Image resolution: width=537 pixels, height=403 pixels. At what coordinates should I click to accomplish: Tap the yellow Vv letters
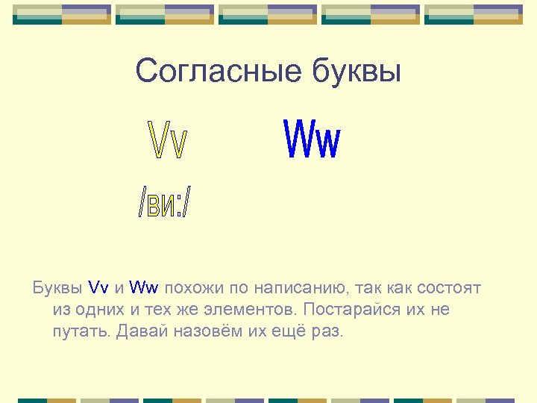point(169,140)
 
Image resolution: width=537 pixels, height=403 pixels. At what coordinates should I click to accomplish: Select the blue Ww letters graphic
point(313,140)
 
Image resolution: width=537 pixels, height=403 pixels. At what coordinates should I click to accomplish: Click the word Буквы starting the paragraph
point(57,287)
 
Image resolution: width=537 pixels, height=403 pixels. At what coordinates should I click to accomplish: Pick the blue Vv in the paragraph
point(98,287)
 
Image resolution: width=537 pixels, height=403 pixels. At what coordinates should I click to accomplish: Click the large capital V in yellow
point(159,140)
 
